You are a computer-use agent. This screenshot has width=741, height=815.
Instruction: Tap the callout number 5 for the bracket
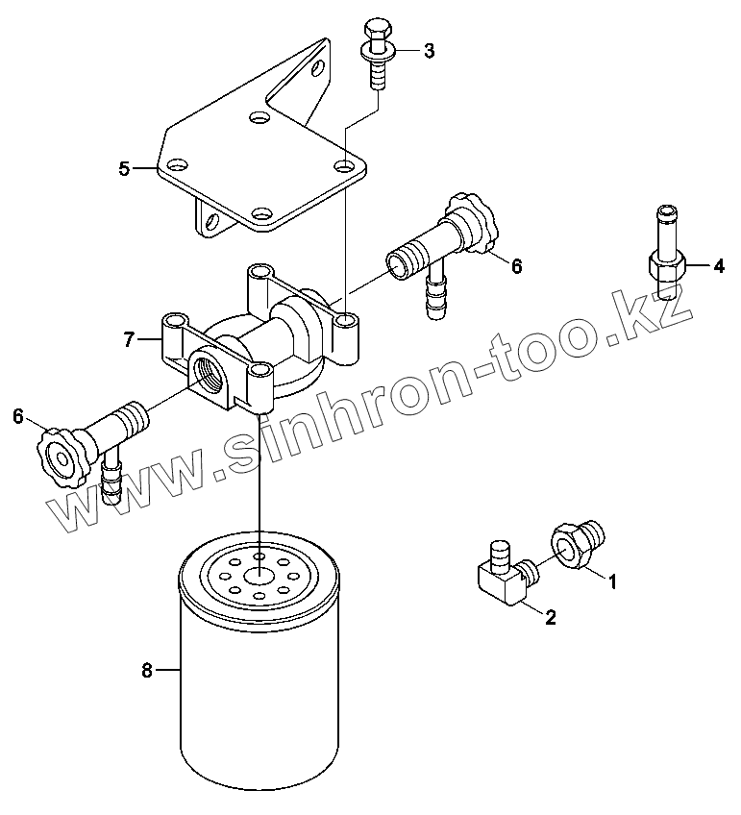tap(124, 169)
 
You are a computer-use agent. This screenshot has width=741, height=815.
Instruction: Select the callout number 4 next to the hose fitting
tap(718, 267)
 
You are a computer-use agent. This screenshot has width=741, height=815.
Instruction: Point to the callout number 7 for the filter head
tap(127, 338)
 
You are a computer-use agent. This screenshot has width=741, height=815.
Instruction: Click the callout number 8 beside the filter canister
tap(147, 671)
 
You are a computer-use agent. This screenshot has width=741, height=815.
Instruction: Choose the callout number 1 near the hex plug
tap(612, 580)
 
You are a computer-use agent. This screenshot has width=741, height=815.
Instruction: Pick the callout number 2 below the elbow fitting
tap(551, 618)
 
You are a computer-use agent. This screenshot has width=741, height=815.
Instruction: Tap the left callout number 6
tap(17, 415)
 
